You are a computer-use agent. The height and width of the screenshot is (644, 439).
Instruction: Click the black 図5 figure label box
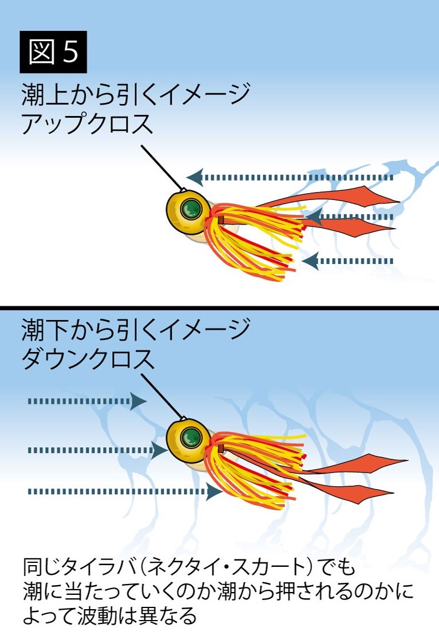(53, 51)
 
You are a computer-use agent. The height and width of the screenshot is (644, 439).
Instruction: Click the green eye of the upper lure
(189, 209)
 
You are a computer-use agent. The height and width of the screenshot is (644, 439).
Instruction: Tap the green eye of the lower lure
(188, 438)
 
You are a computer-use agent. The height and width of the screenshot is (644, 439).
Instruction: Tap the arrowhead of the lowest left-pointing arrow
(310, 261)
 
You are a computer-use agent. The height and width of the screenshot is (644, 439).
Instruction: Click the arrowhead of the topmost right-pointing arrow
(138, 401)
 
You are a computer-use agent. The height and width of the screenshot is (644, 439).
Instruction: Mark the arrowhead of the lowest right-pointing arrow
(215, 491)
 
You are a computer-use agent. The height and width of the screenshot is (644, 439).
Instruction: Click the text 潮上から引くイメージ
(136, 94)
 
